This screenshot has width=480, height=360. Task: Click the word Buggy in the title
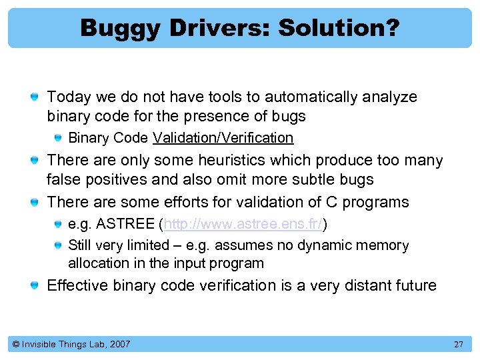(117, 28)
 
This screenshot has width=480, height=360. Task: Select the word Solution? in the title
(339, 28)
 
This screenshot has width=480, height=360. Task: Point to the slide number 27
(458, 345)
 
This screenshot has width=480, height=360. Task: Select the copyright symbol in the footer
(16, 345)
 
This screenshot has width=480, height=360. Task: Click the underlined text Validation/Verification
(223, 138)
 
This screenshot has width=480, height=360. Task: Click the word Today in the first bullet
(69, 97)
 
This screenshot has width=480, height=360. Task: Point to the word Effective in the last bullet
(76, 286)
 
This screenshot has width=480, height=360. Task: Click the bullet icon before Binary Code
(59, 139)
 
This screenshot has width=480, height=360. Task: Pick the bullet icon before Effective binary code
(33, 287)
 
